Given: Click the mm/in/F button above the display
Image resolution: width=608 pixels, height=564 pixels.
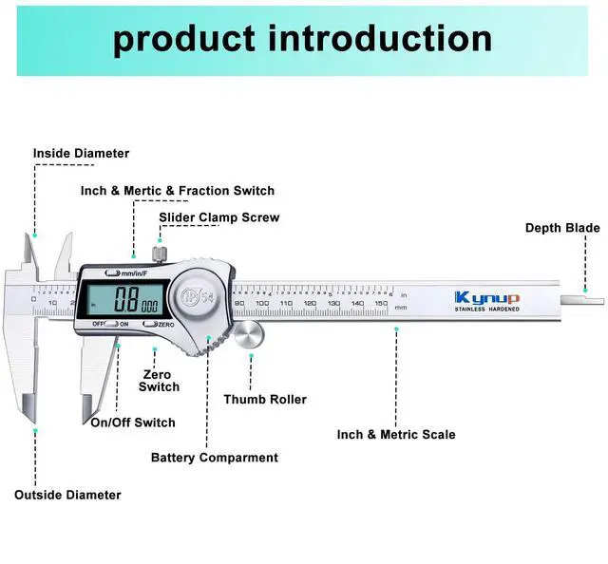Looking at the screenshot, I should [133, 273].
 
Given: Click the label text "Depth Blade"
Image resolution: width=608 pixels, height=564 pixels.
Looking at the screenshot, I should [563, 228].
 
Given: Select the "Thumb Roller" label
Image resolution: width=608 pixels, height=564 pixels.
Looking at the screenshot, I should [265, 400].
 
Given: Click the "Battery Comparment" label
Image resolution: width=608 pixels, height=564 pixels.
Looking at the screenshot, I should [215, 458].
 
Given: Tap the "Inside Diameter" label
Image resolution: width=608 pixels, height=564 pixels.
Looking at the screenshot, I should [81, 153].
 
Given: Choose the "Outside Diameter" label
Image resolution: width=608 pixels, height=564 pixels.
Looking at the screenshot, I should [67, 495].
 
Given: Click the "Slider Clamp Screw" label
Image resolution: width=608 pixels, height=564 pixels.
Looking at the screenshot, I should [219, 217].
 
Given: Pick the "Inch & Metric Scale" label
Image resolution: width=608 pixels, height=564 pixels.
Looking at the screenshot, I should [396, 435].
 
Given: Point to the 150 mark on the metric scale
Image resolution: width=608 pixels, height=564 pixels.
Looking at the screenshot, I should [380, 303].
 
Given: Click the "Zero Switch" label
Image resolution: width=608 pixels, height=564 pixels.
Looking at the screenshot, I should [159, 380].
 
